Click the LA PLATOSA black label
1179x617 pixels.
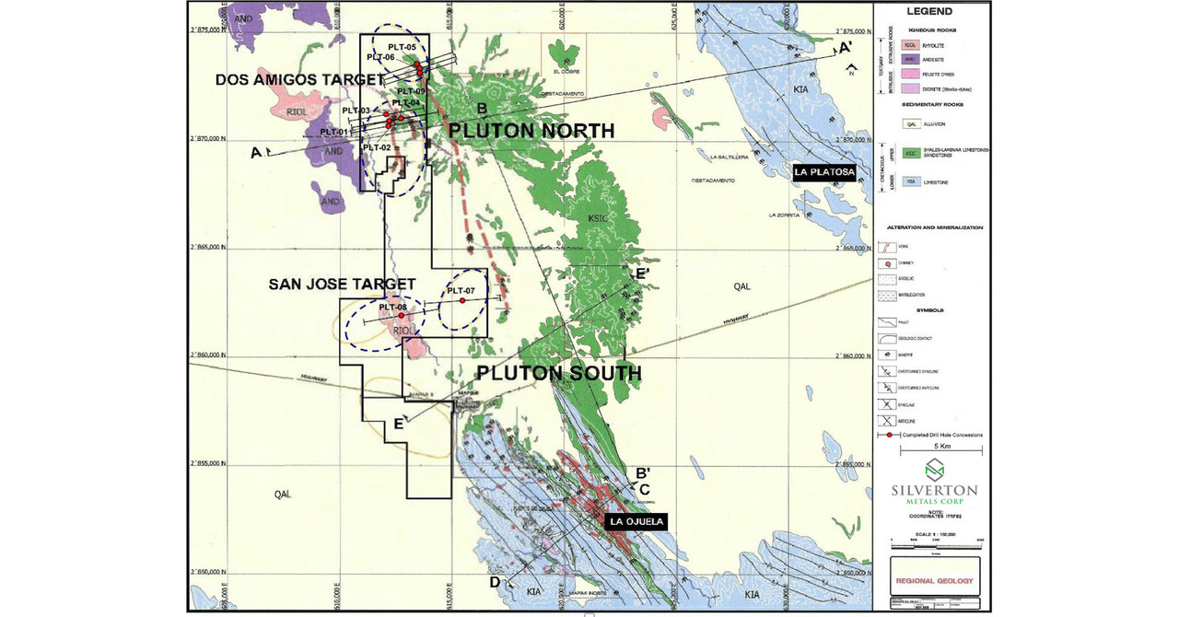tap(825, 172)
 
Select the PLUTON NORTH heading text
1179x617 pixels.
tap(531, 131)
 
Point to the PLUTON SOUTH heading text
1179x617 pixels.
tap(558, 373)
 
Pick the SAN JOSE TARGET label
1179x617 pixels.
tap(342, 285)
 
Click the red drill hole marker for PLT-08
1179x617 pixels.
tap(401, 316)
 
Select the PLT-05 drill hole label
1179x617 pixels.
tap(402, 47)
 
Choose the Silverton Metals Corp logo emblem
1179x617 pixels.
tap(935, 470)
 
